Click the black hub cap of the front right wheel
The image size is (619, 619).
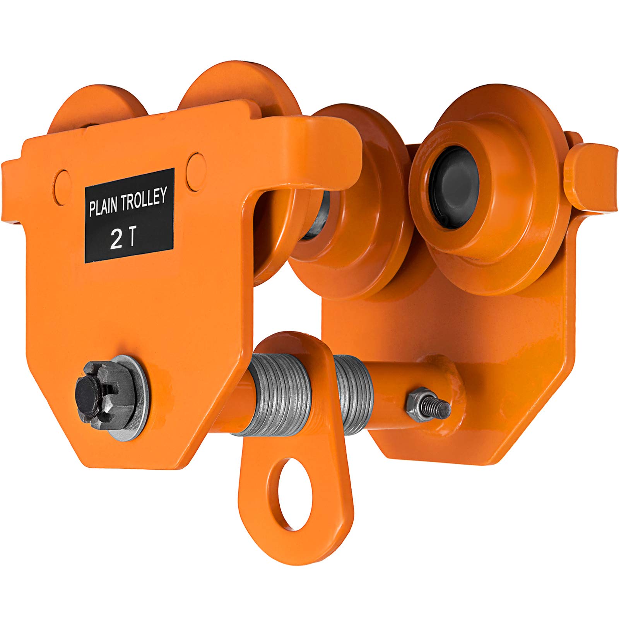(x=455, y=193)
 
